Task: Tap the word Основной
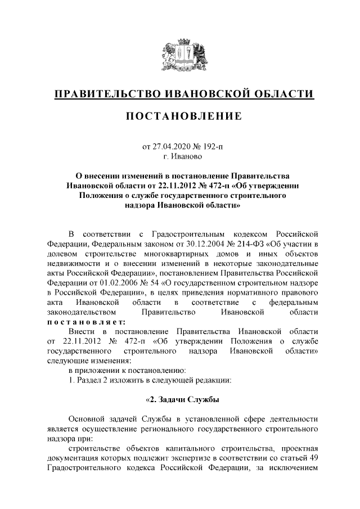(89, 419)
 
